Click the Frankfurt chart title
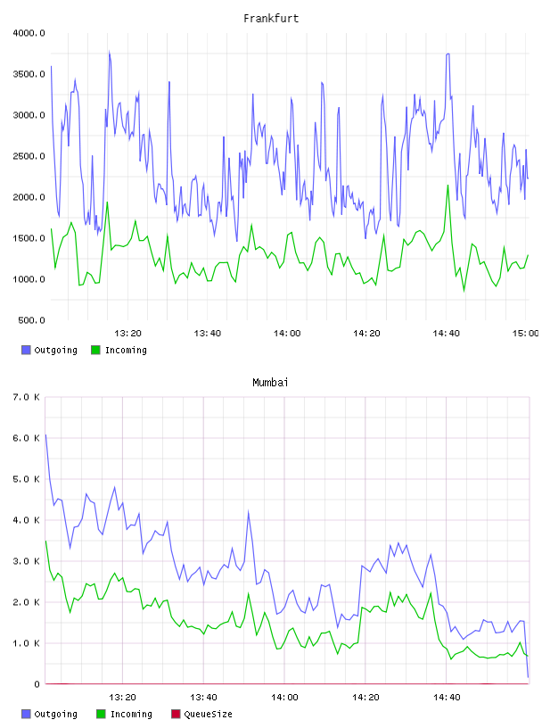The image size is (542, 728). [271, 19]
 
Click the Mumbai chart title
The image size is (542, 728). [270, 383]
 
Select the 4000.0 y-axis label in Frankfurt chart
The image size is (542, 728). [29, 33]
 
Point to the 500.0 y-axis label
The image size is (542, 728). [31, 320]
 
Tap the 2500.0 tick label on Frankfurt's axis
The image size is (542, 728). [29, 156]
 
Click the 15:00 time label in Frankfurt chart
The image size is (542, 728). [525, 334]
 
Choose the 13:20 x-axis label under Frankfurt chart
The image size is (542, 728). [127, 334]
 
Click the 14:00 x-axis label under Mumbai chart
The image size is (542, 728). [284, 698]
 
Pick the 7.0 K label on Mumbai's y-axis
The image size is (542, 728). [26, 397]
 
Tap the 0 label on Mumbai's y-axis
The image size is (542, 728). [37, 684]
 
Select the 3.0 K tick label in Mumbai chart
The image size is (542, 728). [26, 561]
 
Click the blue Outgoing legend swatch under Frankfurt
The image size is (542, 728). [26, 350]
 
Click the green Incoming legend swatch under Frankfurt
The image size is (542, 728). [95, 350]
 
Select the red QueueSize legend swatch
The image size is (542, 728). [176, 714]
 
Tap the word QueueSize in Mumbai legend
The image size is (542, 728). [208, 714]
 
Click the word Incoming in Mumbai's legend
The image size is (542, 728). [131, 714]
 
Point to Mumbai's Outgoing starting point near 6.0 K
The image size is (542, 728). [46, 435]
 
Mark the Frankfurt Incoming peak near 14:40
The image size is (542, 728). [448, 186]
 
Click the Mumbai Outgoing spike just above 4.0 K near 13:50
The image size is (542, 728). [248, 511]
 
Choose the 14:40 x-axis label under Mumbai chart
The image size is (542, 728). [447, 698]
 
